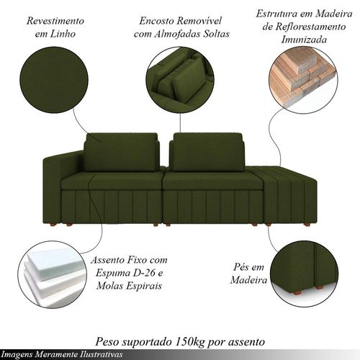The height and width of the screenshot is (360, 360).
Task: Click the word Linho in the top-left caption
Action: (x=63, y=34)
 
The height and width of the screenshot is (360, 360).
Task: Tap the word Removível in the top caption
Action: (x=200, y=21)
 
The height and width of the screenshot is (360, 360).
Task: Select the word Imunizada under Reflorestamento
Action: (x=304, y=40)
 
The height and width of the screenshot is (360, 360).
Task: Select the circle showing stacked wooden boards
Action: (x=303, y=81)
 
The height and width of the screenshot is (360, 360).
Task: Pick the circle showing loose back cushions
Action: (x=180, y=81)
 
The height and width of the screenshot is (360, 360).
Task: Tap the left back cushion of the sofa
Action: (x=121, y=152)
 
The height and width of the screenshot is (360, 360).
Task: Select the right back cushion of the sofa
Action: (x=207, y=152)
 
